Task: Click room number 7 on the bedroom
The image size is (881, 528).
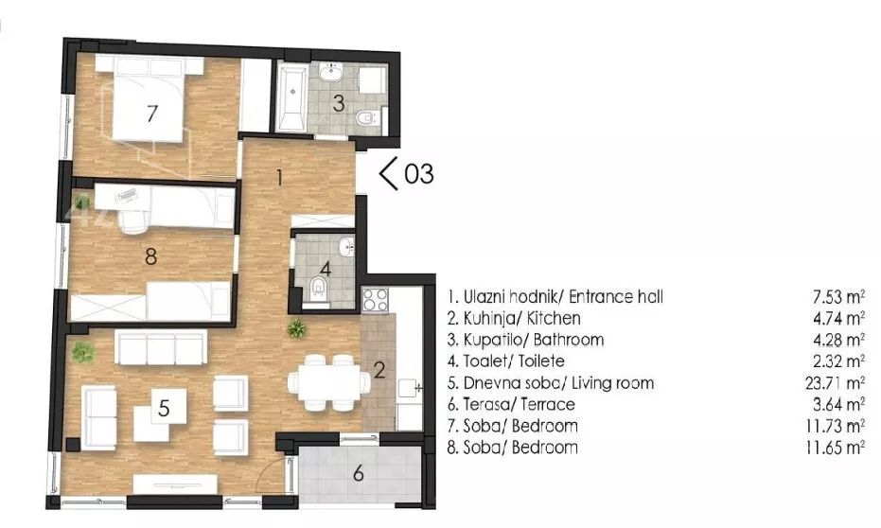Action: (151, 114)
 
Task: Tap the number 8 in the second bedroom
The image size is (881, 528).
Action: (150, 256)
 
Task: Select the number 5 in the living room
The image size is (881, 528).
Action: (164, 408)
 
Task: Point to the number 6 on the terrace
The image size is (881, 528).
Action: (359, 473)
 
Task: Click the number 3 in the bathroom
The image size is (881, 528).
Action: (338, 103)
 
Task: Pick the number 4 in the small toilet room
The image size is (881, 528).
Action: (326, 268)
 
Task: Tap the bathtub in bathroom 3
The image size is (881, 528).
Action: (291, 97)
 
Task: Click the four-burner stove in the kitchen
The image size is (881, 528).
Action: (375, 299)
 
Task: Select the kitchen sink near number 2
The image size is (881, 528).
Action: (410, 388)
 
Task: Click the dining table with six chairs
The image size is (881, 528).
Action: (328, 382)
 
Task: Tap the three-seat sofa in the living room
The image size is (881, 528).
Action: (161, 347)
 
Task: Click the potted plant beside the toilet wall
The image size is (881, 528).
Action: (296, 328)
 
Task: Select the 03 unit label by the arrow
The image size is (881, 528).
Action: (419, 173)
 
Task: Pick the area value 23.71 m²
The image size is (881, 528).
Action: (835, 383)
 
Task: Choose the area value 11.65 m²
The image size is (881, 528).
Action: (835, 448)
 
